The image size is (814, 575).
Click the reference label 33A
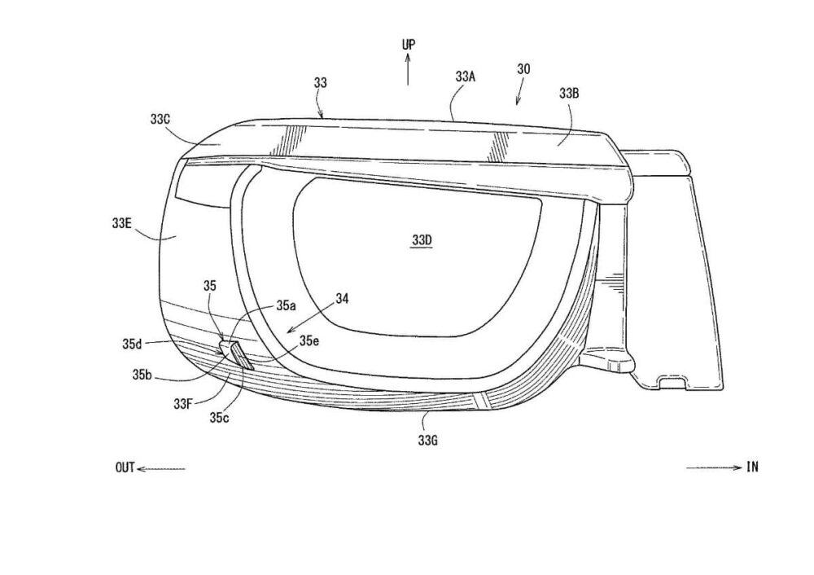point(466,77)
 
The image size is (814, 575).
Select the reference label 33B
point(569,94)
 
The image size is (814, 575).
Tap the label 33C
point(160,119)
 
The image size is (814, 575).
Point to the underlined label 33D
point(422,240)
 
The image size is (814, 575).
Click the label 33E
point(121,223)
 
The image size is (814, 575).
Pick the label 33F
point(184,403)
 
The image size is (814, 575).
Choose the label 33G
point(428,441)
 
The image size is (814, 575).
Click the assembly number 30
point(523,68)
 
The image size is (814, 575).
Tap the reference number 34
point(342,299)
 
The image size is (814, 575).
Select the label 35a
point(286,305)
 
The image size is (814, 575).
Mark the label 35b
point(142,375)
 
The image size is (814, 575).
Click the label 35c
point(219,417)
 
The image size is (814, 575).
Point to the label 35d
point(132,344)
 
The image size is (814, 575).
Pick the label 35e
point(309,340)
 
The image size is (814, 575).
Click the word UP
point(409,45)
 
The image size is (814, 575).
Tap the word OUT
point(125,468)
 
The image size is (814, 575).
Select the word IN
point(752,467)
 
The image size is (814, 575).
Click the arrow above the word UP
point(408,69)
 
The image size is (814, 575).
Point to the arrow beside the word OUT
point(161,469)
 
